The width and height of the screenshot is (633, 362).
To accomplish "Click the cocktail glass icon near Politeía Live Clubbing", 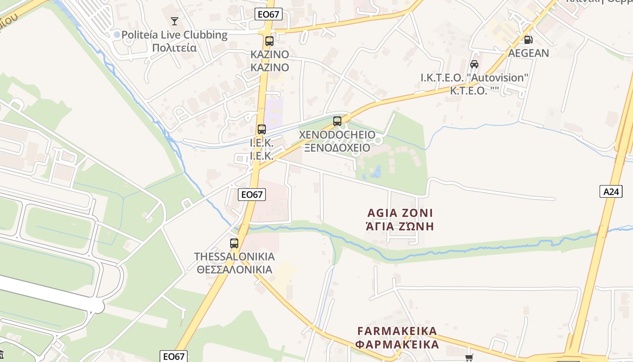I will [174, 21].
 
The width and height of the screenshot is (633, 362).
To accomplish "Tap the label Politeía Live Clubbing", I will [175, 35].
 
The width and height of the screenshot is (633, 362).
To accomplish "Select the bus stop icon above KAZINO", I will [269, 41].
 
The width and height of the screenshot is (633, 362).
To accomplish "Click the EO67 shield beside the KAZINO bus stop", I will [269, 14].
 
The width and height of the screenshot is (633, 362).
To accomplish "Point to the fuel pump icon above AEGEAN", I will [528, 39].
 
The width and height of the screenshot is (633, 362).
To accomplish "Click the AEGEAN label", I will [529, 53].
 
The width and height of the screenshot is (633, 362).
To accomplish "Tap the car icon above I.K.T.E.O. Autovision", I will [474, 64].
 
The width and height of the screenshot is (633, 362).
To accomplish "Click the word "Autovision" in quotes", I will [499, 78].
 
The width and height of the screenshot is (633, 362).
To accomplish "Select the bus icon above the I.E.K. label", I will [262, 129].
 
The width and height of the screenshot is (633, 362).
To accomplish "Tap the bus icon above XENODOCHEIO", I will [337, 121].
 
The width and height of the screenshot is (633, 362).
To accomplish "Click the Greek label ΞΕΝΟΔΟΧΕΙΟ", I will [337, 148].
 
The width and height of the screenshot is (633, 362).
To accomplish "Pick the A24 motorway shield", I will [611, 192].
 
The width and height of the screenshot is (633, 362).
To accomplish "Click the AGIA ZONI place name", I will [400, 213].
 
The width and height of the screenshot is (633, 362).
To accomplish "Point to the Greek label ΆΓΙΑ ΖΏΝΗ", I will [400, 226].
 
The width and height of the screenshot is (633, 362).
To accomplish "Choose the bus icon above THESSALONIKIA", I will [234, 243].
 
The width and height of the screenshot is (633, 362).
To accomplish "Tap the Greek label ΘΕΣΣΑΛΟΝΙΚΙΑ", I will [235, 270].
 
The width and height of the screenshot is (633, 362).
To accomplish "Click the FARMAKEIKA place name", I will [397, 331].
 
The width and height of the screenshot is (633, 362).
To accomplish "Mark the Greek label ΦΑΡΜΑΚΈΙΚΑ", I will [397, 344].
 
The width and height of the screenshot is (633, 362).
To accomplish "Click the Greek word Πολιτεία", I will [175, 48].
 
